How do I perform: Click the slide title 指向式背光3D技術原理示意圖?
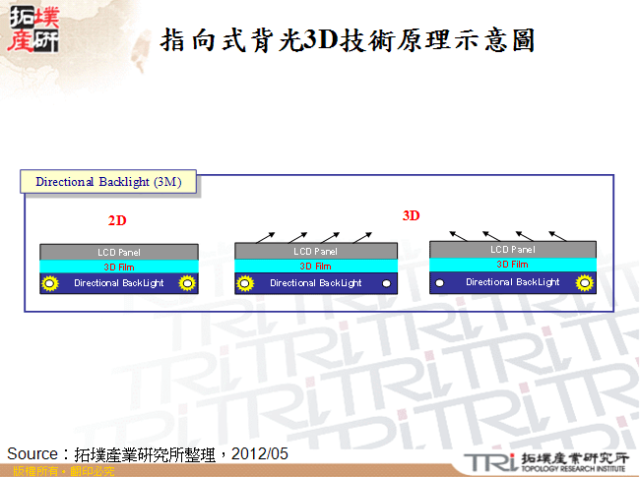(x=347, y=40)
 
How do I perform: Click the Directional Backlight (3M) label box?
(x=107, y=182)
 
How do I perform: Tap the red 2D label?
(x=117, y=221)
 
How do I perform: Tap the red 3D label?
(x=411, y=215)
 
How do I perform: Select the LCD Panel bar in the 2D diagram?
(x=118, y=253)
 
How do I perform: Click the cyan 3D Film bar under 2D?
(x=118, y=267)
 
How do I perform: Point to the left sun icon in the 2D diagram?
(x=50, y=283)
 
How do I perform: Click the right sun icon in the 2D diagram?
(x=186, y=283)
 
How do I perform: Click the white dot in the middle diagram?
(x=387, y=283)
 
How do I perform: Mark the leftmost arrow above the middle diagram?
(x=265, y=236)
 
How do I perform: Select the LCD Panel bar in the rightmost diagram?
(x=512, y=251)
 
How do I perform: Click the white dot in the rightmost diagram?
(x=440, y=282)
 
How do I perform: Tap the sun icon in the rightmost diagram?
(x=584, y=282)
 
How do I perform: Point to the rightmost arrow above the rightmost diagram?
(x=558, y=235)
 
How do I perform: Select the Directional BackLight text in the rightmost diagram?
(x=512, y=282)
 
